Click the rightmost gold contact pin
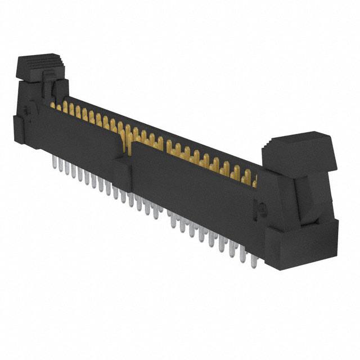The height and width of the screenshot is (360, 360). (254, 181)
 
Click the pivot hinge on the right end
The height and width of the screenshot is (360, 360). (260, 208)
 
